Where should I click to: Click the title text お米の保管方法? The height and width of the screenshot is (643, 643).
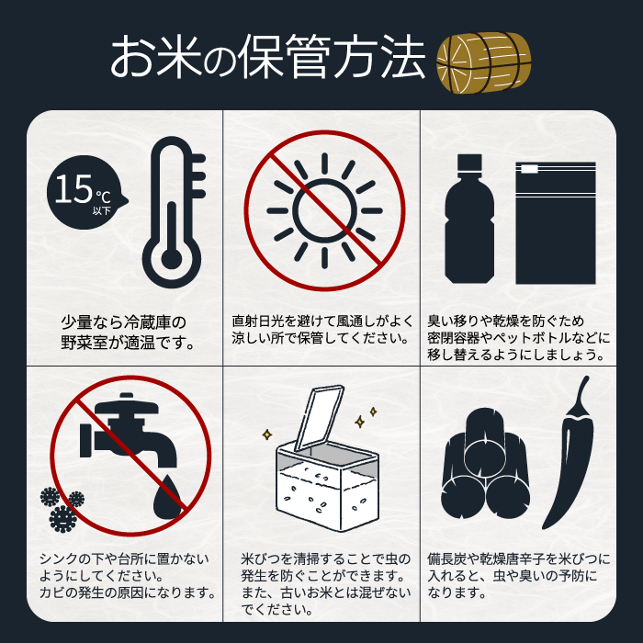267,58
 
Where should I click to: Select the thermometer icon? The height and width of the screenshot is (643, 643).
173,213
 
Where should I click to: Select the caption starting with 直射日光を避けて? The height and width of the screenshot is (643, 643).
321,330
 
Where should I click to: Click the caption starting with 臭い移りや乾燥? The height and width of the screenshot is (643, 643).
516,338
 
